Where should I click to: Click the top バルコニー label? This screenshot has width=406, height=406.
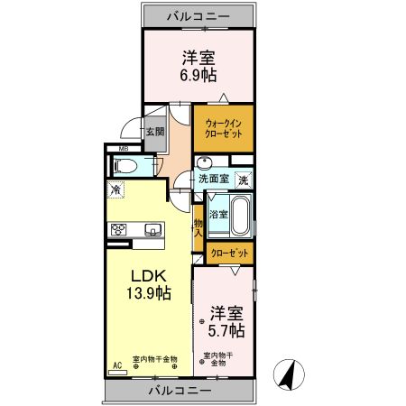[x=198, y=15]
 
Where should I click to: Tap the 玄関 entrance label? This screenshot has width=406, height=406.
[x=155, y=131]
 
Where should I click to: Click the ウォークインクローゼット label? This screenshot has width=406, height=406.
[x=222, y=127]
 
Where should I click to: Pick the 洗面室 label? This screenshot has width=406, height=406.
[x=213, y=179]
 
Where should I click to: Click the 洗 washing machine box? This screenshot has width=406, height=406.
[x=243, y=180]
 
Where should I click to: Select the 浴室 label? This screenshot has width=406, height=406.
[x=217, y=214]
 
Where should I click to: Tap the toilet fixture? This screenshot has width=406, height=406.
[x=126, y=166]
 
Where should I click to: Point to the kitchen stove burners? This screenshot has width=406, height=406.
[x=119, y=229]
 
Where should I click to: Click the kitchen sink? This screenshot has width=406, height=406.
[x=150, y=228]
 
